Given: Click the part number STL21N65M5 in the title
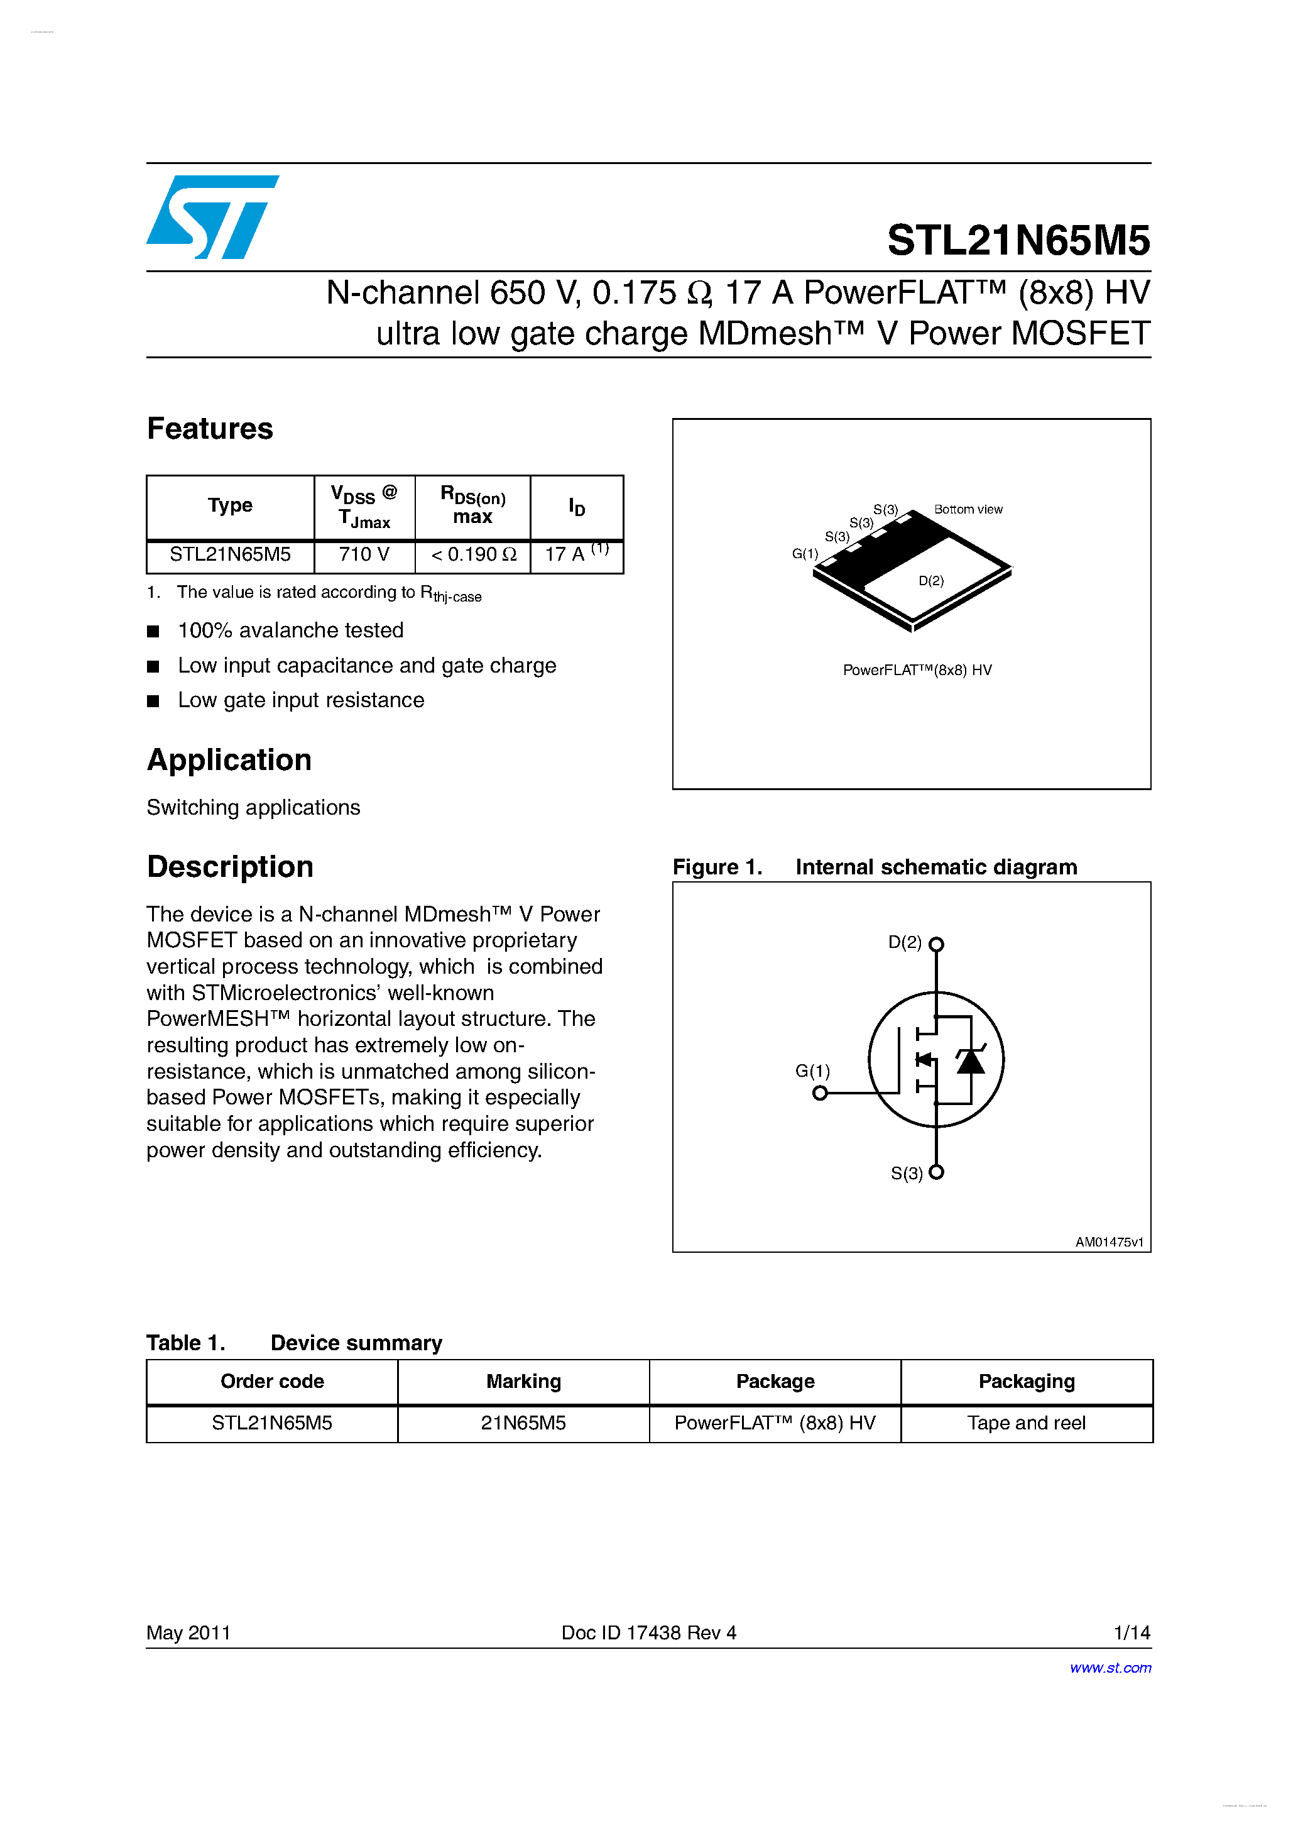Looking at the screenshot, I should (x=1018, y=240).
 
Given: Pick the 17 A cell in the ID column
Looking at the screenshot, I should (x=576, y=554).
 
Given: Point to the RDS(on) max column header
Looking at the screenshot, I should (x=473, y=506).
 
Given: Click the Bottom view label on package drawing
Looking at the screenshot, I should (x=968, y=510).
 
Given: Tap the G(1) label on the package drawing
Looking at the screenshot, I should (x=805, y=554).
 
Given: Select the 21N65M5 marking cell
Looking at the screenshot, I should (x=523, y=1423).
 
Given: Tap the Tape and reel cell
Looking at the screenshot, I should (x=1026, y=1423).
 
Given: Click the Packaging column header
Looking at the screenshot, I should (x=1026, y=1382).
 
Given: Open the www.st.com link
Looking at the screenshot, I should (x=1110, y=1668).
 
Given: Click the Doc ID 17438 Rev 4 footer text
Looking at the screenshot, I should (x=648, y=1633).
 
